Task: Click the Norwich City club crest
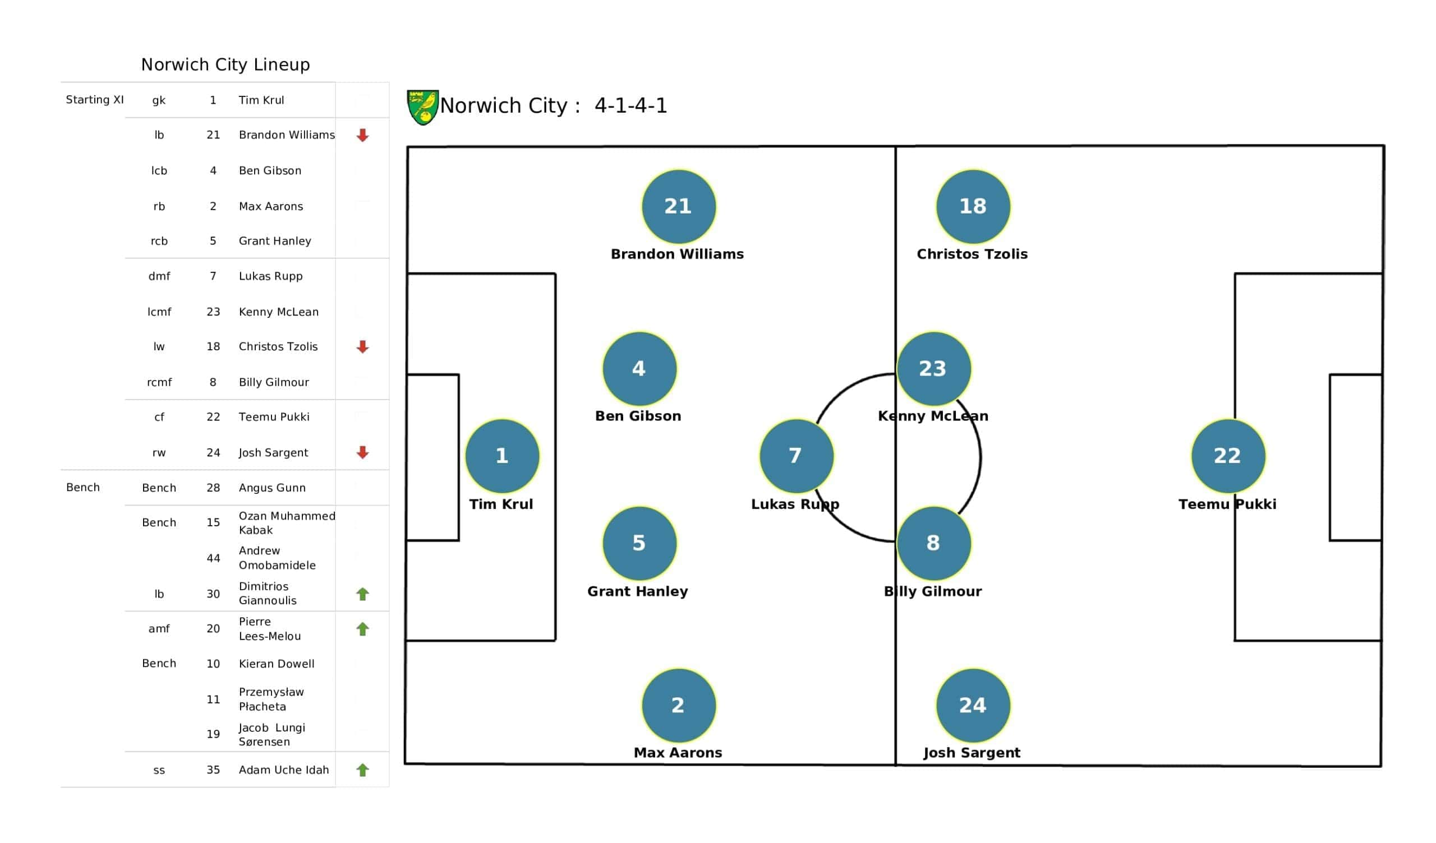pyautogui.click(x=422, y=106)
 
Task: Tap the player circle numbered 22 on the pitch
pyautogui.click(x=1228, y=456)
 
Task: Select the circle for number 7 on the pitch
pyautogui.click(x=796, y=456)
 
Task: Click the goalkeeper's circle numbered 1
pyautogui.click(x=502, y=456)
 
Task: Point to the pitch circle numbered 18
pyautogui.click(x=973, y=206)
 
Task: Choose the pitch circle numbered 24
pyautogui.click(x=973, y=705)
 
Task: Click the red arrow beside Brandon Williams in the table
pyautogui.click(x=362, y=135)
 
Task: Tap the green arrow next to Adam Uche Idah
pyautogui.click(x=362, y=770)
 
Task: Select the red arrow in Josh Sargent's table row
pyautogui.click(x=362, y=452)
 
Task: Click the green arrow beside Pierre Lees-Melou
pyautogui.click(x=362, y=629)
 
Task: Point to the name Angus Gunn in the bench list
pyautogui.click(x=272, y=488)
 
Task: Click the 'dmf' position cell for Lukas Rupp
pyautogui.click(x=159, y=276)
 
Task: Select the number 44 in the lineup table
pyautogui.click(x=213, y=558)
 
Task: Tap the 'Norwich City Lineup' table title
pyautogui.click(x=225, y=64)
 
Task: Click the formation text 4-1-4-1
pyautogui.click(x=630, y=105)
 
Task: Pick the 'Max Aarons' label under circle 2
pyautogui.click(x=678, y=752)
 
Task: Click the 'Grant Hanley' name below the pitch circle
pyautogui.click(x=638, y=591)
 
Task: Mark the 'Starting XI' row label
pyautogui.click(x=95, y=100)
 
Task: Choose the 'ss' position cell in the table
pyautogui.click(x=159, y=770)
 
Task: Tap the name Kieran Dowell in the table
pyautogui.click(x=277, y=664)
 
